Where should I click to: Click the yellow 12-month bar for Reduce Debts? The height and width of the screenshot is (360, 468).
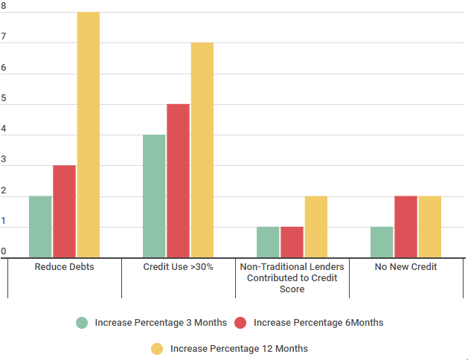89,135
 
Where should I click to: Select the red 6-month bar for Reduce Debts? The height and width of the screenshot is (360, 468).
64,211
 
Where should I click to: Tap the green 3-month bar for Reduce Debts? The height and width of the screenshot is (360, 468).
40,227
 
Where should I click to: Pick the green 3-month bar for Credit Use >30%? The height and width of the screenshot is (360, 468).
154,196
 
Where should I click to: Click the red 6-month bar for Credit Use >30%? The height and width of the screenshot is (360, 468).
178,181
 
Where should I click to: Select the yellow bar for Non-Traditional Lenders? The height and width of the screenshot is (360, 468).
315,227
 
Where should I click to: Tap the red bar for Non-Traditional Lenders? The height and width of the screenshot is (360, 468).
292,242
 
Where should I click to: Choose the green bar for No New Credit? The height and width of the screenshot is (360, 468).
382,242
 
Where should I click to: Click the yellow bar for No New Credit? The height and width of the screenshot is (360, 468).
429,227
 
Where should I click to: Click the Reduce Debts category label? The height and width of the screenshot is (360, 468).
64,266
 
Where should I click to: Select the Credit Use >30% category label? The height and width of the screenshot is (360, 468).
178,266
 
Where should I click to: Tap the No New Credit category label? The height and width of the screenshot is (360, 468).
406,266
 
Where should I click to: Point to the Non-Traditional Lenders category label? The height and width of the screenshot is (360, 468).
292,277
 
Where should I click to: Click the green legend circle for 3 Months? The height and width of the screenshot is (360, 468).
82,323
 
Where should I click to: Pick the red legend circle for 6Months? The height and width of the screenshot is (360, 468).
240,323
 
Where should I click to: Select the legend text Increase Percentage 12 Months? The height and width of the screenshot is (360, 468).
239,348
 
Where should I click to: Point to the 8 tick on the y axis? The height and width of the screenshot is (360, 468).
4,12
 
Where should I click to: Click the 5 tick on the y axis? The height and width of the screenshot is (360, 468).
4,103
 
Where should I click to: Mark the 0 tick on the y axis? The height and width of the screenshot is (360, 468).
4,252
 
